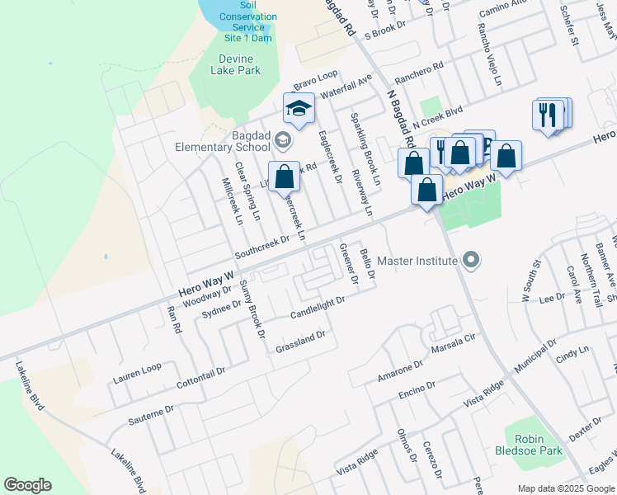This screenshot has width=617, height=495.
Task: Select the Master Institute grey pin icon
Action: click(x=471, y=261)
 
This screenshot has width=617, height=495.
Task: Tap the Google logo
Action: click(x=27, y=485)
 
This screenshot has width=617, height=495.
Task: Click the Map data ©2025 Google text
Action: click(x=565, y=488)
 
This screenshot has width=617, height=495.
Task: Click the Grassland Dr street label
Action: click(x=301, y=340)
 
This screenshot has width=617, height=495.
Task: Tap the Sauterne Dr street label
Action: click(x=151, y=414)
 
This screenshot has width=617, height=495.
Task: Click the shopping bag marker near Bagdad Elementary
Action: click(x=284, y=177)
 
